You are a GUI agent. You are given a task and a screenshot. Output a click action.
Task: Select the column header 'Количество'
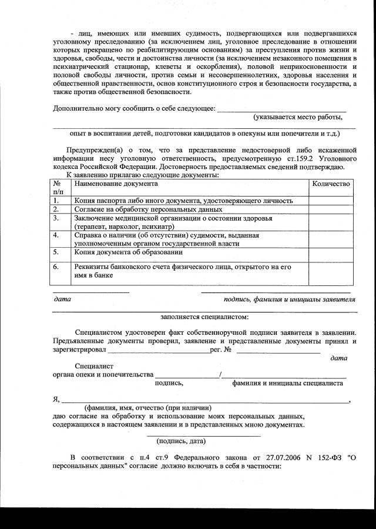[x=331, y=184]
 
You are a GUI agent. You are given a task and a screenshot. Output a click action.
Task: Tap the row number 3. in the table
[x=56, y=218]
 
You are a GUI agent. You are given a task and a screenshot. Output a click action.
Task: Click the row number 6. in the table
[x=56, y=267]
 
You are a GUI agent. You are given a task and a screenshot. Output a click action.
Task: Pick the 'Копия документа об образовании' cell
[x=128, y=252]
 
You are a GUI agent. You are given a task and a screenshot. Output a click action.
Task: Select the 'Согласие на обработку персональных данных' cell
[x=148, y=209]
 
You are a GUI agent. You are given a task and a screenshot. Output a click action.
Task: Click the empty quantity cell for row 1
[x=331, y=201]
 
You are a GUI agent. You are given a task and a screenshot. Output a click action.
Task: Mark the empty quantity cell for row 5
[x=331, y=254]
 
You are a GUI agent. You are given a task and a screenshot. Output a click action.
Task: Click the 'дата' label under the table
[x=62, y=300]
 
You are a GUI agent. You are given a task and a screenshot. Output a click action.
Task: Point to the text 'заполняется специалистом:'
[x=204, y=317]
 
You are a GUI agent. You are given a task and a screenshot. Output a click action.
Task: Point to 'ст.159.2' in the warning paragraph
[x=300, y=159]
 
